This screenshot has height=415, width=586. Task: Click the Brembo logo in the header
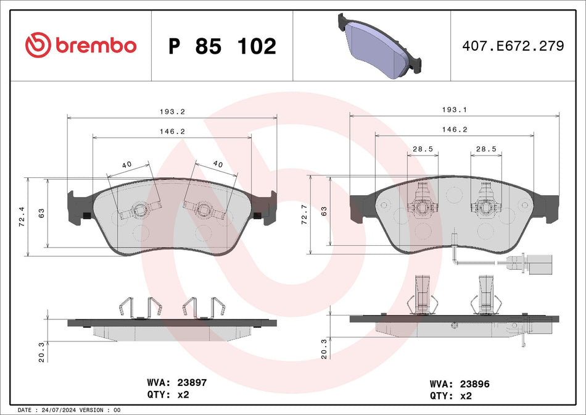pyautogui.click(x=81, y=45)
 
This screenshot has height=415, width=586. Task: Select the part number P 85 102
pyautogui.click(x=222, y=46)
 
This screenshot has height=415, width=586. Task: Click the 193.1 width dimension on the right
pyautogui.click(x=455, y=109)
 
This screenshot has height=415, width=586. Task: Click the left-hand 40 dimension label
pyautogui.click(x=127, y=164)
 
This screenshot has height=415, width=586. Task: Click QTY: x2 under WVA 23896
pyautogui.click(x=450, y=395)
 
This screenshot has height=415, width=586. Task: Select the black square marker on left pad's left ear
pyautogui.click(x=86, y=215)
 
